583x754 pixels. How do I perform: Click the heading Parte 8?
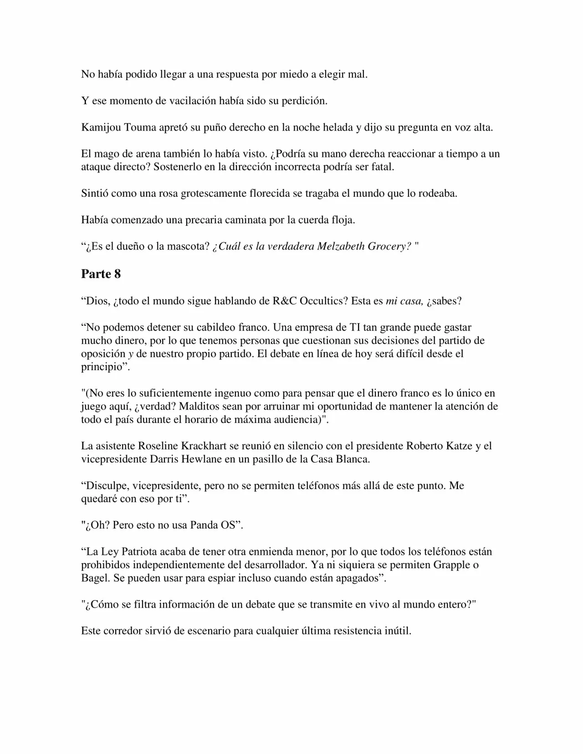101,274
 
